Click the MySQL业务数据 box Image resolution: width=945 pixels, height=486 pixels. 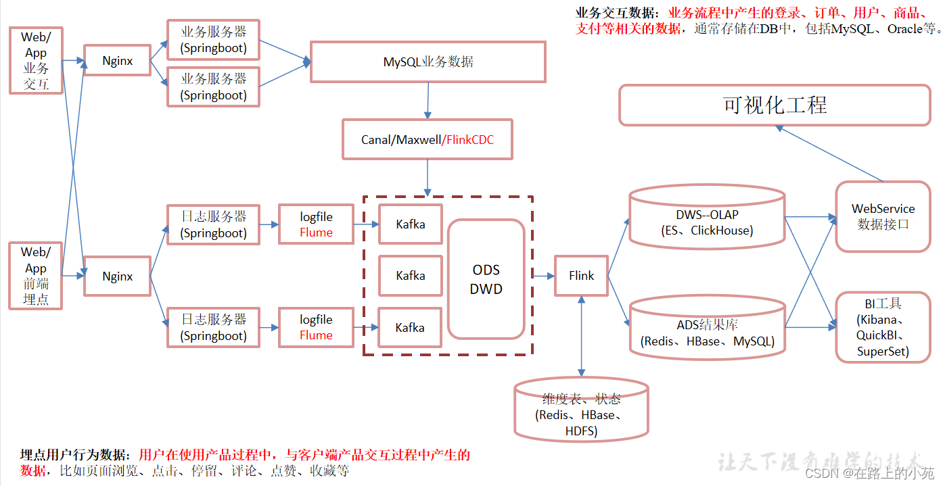pyautogui.click(x=428, y=62)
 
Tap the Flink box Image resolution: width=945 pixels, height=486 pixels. pyautogui.click(x=581, y=276)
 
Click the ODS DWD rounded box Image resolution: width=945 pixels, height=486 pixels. pyautogui.click(x=486, y=279)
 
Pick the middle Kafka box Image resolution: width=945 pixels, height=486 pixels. pyautogui.click(x=410, y=276)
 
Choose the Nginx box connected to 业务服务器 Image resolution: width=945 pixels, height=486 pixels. pyautogui.click(x=117, y=61)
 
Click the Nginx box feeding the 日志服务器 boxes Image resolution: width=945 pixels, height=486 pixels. pyautogui.click(x=117, y=276)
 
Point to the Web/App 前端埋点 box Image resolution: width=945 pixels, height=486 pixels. pyautogui.click(x=35, y=276)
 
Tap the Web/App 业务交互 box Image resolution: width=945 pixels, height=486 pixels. pyautogui.click(x=35, y=61)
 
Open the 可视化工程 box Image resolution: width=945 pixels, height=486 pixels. pyautogui.click(x=775, y=105)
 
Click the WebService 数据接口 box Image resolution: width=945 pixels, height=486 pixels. pyautogui.click(x=883, y=217)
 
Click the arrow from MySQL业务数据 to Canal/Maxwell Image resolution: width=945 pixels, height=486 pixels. pyautogui.click(x=428, y=101)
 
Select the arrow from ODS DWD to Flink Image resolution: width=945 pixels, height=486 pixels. pyautogui.click(x=543, y=276)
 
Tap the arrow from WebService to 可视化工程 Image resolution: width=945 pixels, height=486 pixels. pyautogui.click(x=832, y=153)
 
